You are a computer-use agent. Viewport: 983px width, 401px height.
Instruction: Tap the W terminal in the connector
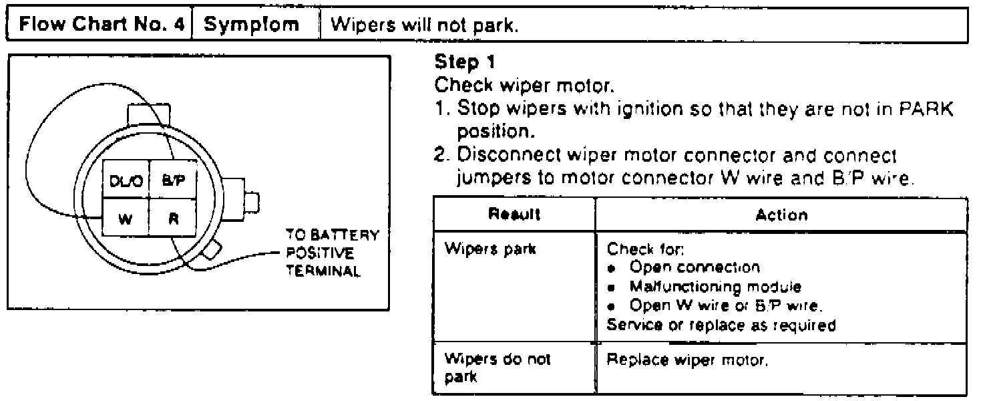point(124,219)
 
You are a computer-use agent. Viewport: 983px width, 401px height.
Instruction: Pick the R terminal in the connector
point(172,219)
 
